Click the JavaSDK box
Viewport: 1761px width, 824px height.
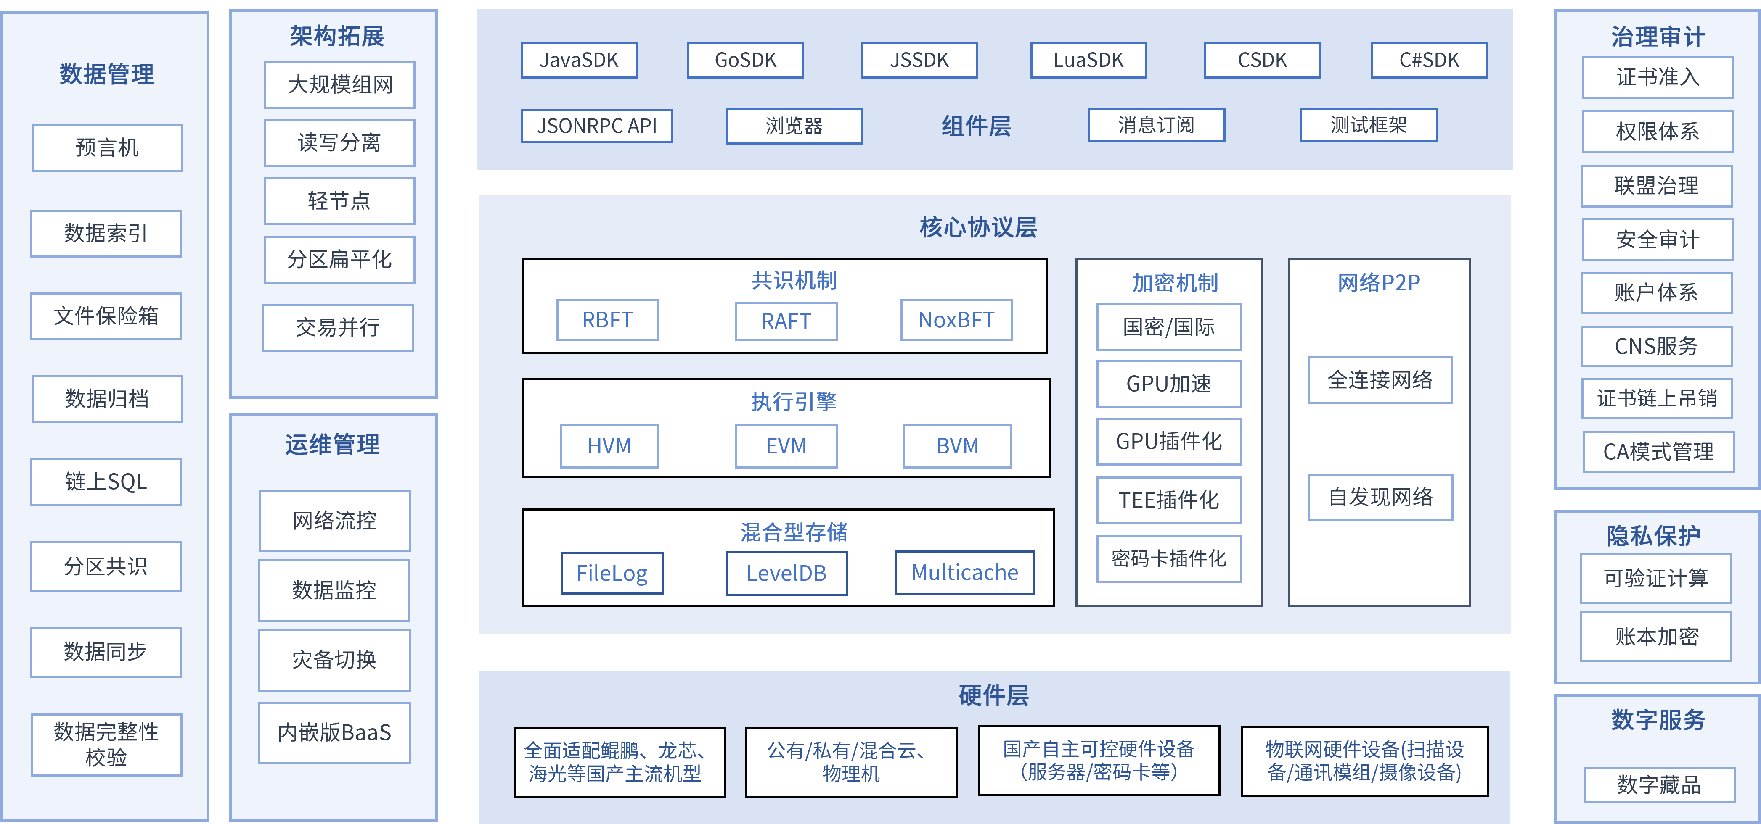[579, 60]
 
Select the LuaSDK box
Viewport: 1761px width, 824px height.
[1088, 60]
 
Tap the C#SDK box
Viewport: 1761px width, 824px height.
[1429, 60]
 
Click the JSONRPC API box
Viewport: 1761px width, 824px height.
[597, 126]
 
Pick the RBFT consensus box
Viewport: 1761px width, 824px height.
[608, 320]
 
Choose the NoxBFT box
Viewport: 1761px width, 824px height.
[956, 320]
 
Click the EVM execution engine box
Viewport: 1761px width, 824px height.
[786, 445]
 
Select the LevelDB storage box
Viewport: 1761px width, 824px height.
[786, 573]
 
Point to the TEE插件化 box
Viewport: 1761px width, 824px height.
[1169, 500]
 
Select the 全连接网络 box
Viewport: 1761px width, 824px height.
[1380, 380]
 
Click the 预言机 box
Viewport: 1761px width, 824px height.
[107, 147]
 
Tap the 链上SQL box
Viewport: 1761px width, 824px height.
[106, 482]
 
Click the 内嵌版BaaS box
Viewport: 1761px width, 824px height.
[334, 732]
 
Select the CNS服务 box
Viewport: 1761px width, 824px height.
[1656, 346]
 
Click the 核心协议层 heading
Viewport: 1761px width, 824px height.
[978, 227]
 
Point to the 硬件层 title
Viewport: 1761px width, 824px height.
[993, 695]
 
